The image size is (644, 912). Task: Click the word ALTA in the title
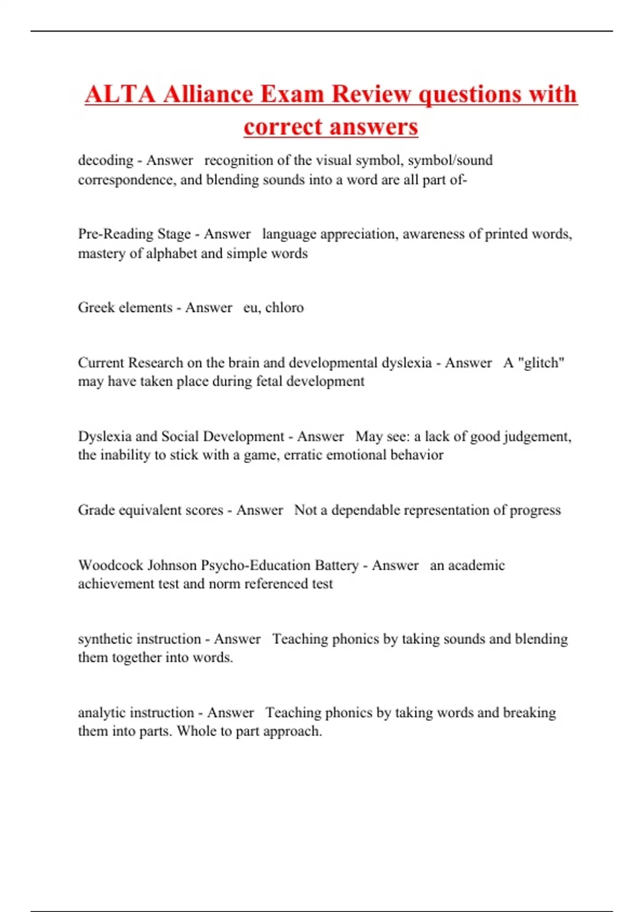pos(120,94)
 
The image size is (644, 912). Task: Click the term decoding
pos(106,160)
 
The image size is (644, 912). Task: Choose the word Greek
pos(96,307)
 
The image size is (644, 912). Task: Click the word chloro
pos(284,307)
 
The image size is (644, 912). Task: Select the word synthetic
pos(105,639)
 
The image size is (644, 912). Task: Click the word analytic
pos(102,712)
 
